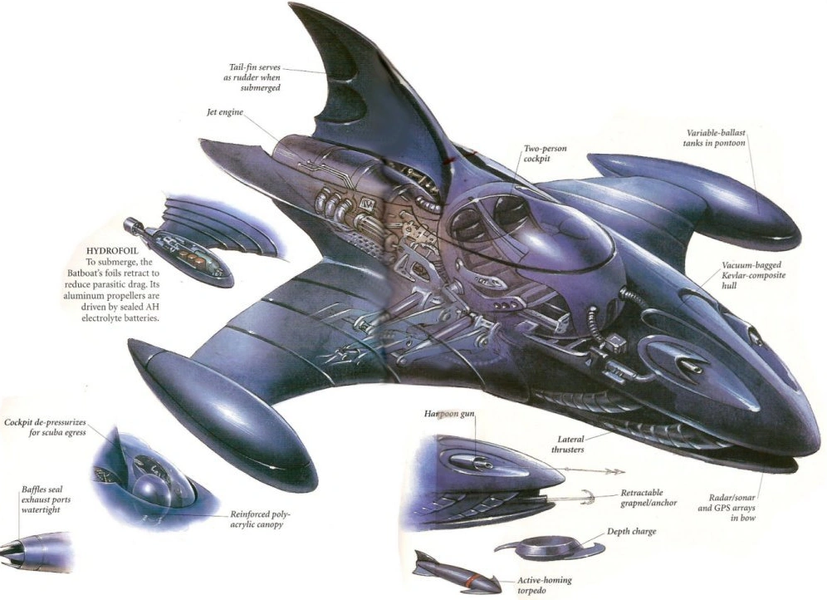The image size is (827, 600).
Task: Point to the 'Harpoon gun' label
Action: [x=449, y=413]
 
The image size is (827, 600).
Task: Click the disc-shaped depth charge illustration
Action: [x=539, y=549]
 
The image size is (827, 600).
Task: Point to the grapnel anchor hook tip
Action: [x=582, y=498]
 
